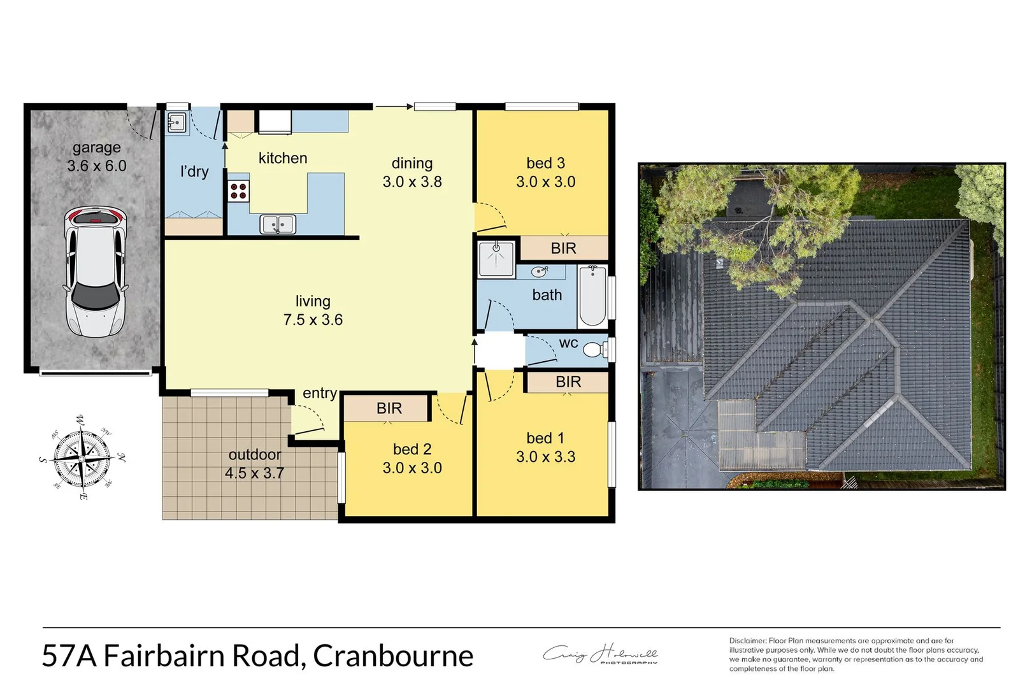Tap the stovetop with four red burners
[238, 190]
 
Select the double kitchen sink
[278, 224]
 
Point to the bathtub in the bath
[592, 296]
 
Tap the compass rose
[82, 456]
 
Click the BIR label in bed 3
[563, 248]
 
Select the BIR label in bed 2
[389, 408]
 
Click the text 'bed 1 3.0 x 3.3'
[545, 447]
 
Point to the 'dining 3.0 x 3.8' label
[412, 173]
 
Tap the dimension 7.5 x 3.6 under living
[313, 320]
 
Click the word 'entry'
[319, 394]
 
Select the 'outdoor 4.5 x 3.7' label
[254, 464]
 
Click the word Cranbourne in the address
[393, 656]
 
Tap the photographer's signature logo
[600, 654]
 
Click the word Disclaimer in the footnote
[747, 641]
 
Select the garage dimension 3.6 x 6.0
[97, 166]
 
